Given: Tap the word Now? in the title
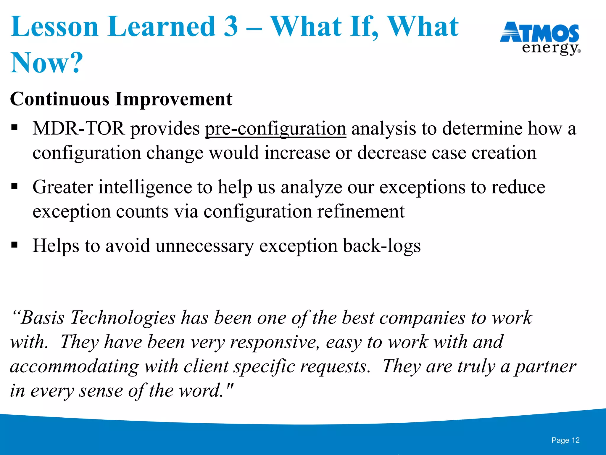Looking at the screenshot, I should click(46, 63).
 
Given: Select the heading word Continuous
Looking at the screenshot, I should click(59, 99).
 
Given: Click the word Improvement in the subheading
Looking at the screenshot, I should click(173, 99).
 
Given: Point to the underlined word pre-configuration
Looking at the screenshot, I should click(275, 129).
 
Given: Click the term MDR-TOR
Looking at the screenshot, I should click(78, 129).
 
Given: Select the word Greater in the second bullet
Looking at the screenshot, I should click(63, 187).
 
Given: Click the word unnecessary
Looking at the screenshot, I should click(204, 246).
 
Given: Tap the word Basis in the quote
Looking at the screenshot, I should click(42, 318).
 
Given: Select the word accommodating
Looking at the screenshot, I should click(74, 367).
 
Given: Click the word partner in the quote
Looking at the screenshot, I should click(545, 367).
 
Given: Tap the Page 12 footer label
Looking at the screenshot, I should click(565, 440).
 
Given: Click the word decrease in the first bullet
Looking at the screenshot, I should click(391, 153).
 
